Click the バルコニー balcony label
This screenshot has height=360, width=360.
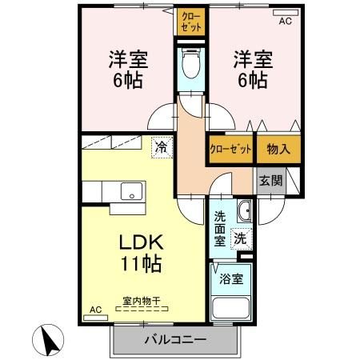(175, 339)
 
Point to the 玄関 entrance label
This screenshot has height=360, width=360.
(270, 181)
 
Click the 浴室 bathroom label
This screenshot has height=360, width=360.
(232, 280)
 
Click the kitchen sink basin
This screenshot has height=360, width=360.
(130, 192)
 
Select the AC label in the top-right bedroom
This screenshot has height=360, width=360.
(286, 22)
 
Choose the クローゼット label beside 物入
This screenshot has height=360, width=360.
(230, 150)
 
